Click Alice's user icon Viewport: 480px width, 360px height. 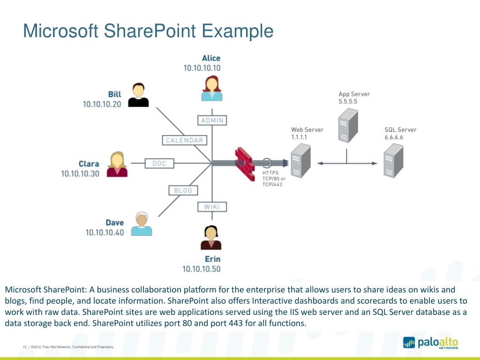pos(211,88)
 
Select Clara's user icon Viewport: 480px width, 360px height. pos(117,164)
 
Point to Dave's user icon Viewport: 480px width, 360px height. pos(141,224)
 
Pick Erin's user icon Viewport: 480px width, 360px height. pos(211,238)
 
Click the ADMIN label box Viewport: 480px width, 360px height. pos(212,120)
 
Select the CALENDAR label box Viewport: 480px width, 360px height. pos(185,140)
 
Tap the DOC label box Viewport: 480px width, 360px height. pos(159,164)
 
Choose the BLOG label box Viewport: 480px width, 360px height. pos(183,190)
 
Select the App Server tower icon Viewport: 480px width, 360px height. pos(347,125)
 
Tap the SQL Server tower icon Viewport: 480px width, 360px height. pos(393,159)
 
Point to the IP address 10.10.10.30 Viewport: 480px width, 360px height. pos(80,173)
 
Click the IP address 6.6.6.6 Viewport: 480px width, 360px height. pos(394,137)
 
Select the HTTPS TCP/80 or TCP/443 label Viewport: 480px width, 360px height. pos(274,179)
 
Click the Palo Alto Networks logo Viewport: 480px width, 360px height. pos(430,343)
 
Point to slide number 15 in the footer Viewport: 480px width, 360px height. pos(24,347)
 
